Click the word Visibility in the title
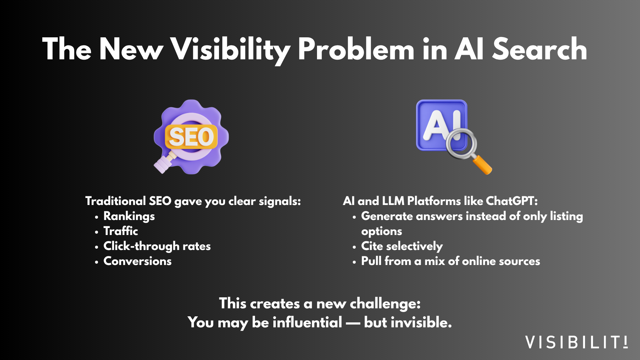coord(230,49)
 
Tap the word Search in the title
coord(539,49)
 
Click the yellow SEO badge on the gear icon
coord(191,137)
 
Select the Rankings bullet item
coord(129,216)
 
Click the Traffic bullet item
coord(121,231)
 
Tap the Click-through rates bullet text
coord(157,246)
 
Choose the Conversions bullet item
coord(137,261)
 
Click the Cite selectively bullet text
coord(402,246)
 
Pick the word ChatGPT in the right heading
coord(512,201)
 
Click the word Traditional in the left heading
coord(116,201)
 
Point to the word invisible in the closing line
coord(408,322)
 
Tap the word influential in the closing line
coord(307,322)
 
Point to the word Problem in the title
coord(356,49)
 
